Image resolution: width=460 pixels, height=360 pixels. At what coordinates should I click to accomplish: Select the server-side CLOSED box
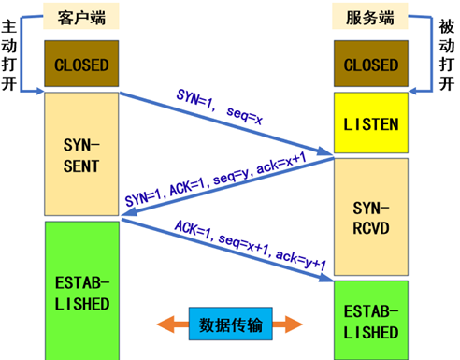[x=371, y=65]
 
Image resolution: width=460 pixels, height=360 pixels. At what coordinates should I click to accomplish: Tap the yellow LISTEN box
[x=371, y=123]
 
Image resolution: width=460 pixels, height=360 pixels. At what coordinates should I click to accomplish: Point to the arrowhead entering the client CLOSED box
[x=39, y=91]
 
